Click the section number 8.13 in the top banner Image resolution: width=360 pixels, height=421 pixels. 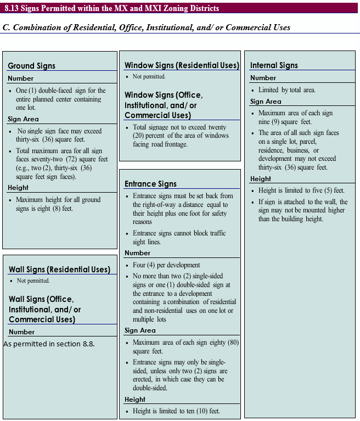pyautogui.click(x=13, y=8)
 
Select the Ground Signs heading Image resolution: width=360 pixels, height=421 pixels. pyautogui.click(x=31, y=66)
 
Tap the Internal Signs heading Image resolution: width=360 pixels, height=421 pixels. pyautogui.click(x=274, y=65)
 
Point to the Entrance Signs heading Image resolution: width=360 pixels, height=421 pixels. pyautogui.click(x=150, y=184)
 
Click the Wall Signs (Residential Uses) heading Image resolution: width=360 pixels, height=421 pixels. pyautogui.click(x=59, y=270)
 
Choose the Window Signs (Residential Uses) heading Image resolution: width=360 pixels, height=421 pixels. pyautogui.click(x=182, y=65)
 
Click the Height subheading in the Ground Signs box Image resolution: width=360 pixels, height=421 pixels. pyautogui.click(x=18, y=188)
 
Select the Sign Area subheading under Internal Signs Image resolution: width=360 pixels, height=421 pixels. pyautogui.click(x=266, y=102)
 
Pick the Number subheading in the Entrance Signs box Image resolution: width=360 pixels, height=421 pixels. pyautogui.click(x=137, y=253)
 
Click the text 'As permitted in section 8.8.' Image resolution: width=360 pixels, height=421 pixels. pyautogui.click(x=49, y=344)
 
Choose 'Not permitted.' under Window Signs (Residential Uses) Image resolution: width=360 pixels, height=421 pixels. pyautogui.click(x=149, y=77)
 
